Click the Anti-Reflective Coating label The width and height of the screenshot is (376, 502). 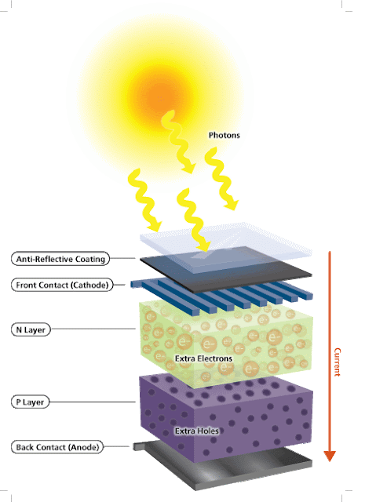click(60, 259)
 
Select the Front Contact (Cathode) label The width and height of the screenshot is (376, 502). click(62, 285)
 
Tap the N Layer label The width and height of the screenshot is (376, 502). click(31, 329)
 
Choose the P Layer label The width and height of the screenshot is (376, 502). click(30, 402)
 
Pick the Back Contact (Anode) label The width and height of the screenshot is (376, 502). click(57, 447)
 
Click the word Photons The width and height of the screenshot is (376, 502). click(225, 135)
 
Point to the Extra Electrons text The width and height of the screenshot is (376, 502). click(203, 358)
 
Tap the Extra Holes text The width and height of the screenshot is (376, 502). click(197, 431)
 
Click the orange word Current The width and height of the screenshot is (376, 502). click(338, 362)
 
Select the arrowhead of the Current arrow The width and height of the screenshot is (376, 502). click(330, 456)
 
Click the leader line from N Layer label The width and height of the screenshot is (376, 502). click(93, 329)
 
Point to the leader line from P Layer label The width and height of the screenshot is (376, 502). click(93, 402)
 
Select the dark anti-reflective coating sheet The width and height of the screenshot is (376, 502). click(226, 269)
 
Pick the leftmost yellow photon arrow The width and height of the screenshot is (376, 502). click(144, 200)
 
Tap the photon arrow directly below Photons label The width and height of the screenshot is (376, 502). click(221, 179)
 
